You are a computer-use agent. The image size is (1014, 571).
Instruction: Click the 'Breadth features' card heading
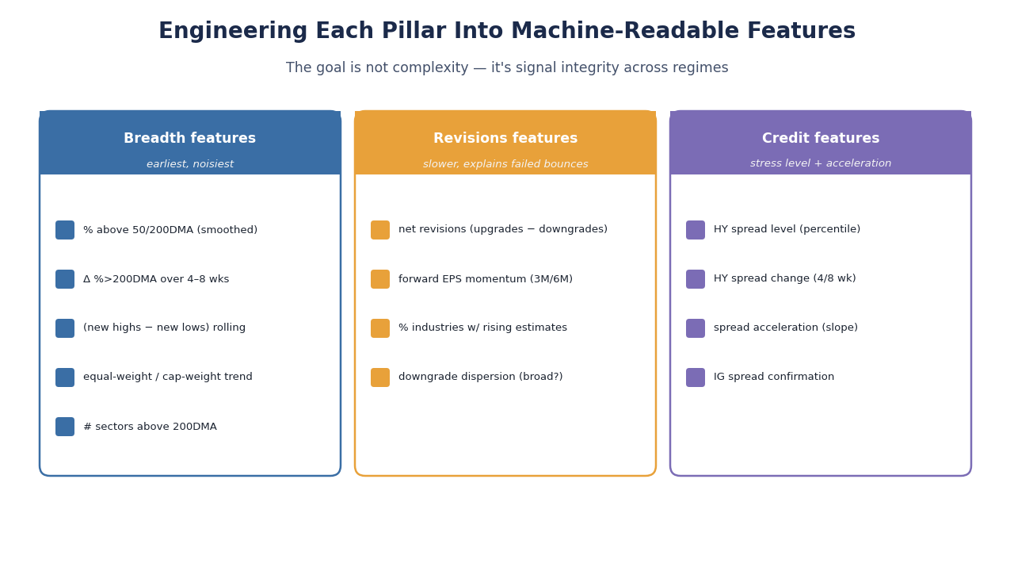click(189, 138)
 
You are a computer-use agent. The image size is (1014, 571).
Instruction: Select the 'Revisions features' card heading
click(505, 138)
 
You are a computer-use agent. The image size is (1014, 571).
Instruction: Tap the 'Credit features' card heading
click(821, 138)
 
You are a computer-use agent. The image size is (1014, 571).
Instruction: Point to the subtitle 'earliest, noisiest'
click(189, 163)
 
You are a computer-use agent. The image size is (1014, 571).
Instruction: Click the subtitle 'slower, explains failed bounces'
click(505, 163)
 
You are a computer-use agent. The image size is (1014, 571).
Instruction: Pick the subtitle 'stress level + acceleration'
click(821, 163)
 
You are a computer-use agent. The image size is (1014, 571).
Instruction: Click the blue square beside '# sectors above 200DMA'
click(65, 427)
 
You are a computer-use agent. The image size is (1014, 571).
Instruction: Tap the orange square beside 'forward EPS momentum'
click(380, 279)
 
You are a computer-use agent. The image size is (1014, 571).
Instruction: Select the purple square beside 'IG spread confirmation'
click(696, 377)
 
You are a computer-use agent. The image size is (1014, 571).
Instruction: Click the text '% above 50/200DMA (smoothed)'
click(170, 230)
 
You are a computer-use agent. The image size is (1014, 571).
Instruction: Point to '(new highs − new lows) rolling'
click(164, 328)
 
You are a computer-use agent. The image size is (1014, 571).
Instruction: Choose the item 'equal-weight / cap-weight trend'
click(168, 377)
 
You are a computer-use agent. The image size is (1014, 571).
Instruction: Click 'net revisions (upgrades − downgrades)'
click(503, 229)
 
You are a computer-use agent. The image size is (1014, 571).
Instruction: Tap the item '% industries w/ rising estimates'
click(482, 328)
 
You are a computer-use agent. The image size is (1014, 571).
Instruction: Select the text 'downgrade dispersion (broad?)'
click(481, 377)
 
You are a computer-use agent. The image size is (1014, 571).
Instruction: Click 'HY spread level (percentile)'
click(787, 229)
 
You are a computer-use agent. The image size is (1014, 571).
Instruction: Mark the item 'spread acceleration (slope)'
click(786, 328)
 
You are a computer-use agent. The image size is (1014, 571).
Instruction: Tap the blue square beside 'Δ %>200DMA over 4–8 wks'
click(65, 279)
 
